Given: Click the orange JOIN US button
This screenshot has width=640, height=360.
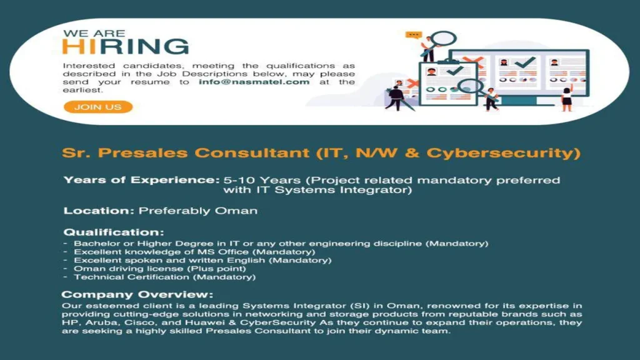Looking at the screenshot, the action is pos(98,107).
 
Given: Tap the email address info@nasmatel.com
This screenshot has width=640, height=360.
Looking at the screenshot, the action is pos(254,82).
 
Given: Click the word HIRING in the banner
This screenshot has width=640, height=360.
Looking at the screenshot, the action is pos(126,46).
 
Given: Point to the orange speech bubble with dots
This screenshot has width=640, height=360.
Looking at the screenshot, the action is pos(413,35).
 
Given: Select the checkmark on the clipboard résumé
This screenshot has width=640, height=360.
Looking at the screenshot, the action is pos(455,71).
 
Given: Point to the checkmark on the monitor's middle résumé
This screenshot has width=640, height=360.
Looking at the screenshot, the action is pos(525,62).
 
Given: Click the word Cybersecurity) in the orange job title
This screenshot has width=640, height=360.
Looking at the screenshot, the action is pos(504,153).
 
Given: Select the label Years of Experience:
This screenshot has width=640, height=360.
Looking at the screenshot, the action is pos(142,180).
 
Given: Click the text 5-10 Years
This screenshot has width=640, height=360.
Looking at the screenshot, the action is pos(262,180).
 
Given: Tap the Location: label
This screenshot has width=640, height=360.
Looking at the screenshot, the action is pos(99,211).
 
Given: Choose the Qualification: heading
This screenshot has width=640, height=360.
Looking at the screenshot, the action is pos(114,232).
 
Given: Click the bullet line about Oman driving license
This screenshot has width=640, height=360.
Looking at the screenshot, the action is pos(159,269).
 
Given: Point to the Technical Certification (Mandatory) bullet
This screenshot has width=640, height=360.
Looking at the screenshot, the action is pos(164,277).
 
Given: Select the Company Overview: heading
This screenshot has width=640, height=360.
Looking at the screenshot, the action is pos(137,295).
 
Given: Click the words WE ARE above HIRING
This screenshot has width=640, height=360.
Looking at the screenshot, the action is pos(94,34).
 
